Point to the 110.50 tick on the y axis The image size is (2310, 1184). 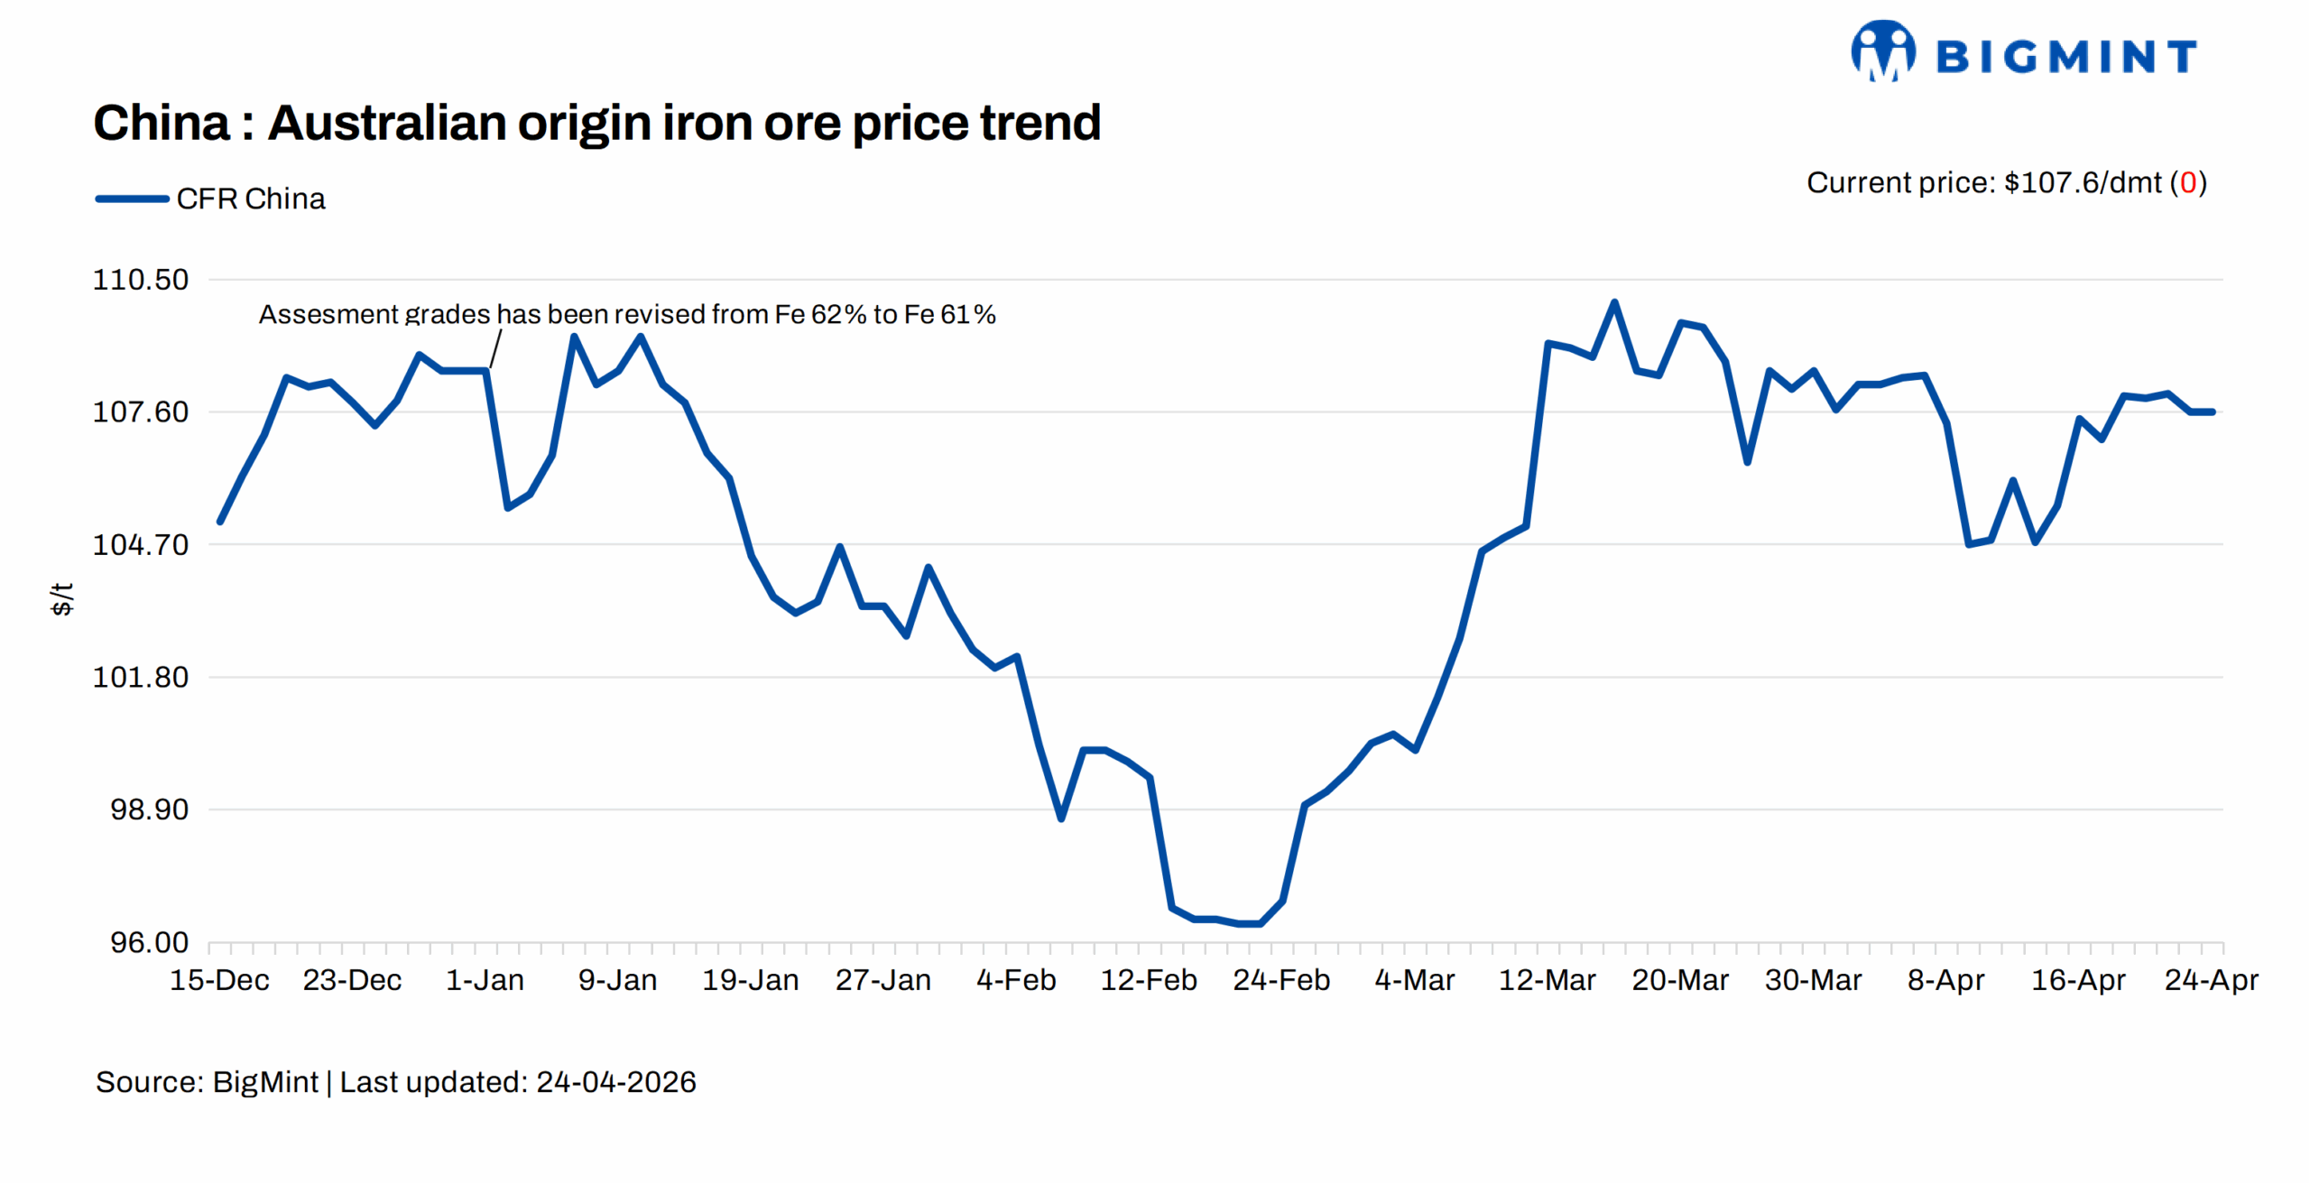(141, 280)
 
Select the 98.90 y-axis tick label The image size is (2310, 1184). (149, 809)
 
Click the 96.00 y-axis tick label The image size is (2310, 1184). (149, 942)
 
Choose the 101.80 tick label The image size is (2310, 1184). (141, 677)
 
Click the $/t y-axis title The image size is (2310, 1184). (61, 598)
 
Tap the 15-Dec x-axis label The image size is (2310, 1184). (219, 980)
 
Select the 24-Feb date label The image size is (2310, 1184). (1281, 980)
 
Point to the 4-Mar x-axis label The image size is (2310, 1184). (1414, 980)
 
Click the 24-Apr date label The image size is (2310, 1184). (2211, 980)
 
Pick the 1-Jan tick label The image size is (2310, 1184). (485, 980)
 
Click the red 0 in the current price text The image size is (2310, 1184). (2187, 183)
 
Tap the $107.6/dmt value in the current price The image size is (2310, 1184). (2082, 183)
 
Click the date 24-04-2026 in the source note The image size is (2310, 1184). (615, 1082)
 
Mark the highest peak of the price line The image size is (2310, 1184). (1614, 302)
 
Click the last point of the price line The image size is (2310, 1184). (2213, 412)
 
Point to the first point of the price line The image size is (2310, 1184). (220, 522)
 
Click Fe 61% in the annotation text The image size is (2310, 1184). (949, 315)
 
